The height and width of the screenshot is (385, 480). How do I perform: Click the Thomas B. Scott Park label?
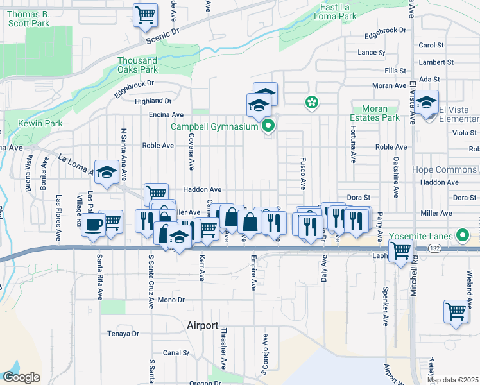(x=30, y=19)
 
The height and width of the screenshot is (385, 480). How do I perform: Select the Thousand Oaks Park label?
(x=137, y=65)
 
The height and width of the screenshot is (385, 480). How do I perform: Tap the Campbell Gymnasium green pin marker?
(x=269, y=126)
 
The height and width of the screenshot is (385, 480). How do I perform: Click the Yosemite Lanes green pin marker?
(x=461, y=235)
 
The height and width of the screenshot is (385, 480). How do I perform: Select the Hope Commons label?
(x=444, y=170)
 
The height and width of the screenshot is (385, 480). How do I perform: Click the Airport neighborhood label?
(x=203, y=325)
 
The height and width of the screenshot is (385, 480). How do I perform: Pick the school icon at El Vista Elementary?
(x=426, y=102)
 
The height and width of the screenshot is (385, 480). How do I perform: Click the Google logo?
(x=21, y=377)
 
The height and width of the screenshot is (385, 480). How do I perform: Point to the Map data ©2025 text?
(x=453, y=380)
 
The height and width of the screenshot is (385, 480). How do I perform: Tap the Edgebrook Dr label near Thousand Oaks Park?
(x=135, y=83)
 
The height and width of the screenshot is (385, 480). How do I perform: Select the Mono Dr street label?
(x=171, y=300)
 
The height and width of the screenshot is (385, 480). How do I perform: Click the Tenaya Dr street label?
(x=123, y=334)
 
